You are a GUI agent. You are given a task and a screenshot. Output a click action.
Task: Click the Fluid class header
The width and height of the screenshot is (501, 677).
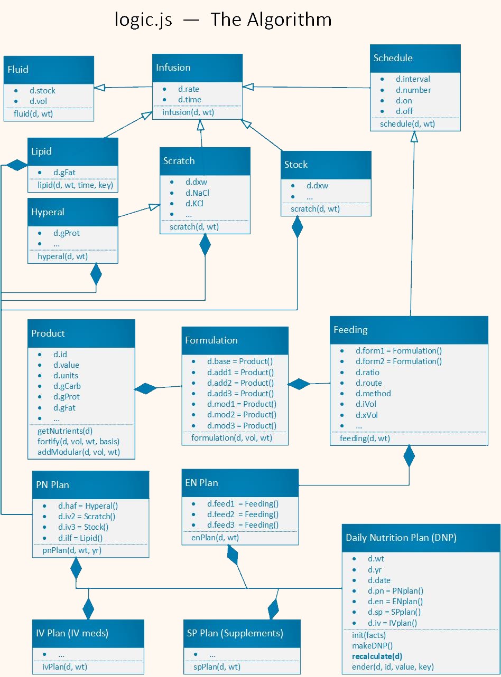tap(49, 70)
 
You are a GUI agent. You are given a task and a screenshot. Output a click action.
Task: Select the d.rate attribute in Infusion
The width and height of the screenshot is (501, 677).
tap(188, 89)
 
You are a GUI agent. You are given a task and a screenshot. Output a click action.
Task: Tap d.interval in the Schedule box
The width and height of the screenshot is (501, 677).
tap(413, 79)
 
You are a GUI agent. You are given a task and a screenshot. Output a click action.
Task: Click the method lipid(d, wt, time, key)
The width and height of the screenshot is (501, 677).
tap(75, 185)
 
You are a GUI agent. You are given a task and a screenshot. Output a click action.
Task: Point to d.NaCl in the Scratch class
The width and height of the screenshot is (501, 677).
tap(197, 193)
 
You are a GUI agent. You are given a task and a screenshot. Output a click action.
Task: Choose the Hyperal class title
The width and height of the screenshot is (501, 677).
tap(73, 212)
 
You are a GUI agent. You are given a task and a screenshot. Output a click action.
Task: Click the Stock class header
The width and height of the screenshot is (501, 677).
tap(327, 165)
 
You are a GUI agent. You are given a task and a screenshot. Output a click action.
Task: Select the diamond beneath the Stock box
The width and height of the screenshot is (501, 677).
tap(298, 227)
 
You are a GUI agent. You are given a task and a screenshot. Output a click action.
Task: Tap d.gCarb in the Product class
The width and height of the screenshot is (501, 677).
tap(67, 386)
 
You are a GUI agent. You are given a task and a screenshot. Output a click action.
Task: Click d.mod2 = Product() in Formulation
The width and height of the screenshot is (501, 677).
tap(242, 415)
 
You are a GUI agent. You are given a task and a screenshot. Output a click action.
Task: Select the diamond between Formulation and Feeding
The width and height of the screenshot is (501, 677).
tap(299, 384)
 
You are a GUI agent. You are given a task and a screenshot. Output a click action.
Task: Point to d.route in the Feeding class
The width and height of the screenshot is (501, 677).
tap(368, 383)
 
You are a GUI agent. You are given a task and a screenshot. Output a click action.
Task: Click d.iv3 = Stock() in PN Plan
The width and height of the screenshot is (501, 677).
tap(83, 527)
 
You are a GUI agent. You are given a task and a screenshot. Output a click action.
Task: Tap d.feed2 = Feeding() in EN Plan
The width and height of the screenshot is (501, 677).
tap(243, 514)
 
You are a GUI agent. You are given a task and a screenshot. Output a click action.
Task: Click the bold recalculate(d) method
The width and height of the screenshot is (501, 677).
tap(377, 656)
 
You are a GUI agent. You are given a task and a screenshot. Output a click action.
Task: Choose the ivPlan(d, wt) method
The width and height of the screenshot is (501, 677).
tap(64, 667)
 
